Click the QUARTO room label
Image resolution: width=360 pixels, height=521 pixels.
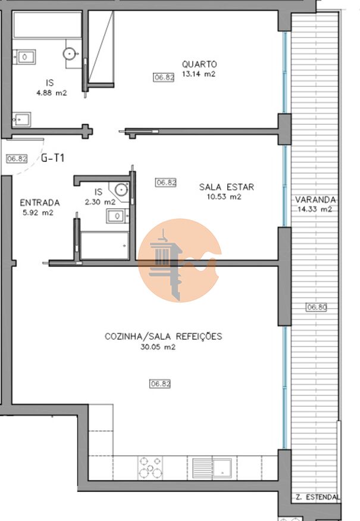[199, 64]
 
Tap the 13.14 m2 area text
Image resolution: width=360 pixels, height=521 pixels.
[199, 74]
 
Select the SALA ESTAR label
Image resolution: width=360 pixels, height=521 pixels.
[226, 187]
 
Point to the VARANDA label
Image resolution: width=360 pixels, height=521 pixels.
[315, 200]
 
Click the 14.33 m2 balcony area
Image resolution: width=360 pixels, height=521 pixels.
[314, 209]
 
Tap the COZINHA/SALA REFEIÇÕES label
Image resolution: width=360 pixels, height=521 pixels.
[163, 336]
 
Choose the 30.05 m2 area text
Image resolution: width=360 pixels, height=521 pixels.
[158, 347]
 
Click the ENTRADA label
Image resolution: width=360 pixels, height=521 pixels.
[40, 203]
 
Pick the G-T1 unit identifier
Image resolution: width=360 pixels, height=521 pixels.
[52, 158]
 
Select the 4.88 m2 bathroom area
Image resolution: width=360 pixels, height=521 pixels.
[52, 93]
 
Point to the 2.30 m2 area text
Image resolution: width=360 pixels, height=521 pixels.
[100, 202]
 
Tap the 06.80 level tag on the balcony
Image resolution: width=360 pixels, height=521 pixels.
[316, 307]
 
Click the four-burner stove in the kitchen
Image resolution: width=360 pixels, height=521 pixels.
[151, 468]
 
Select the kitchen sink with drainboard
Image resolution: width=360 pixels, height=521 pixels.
[212, 468]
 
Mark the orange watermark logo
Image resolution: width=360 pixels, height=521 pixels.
[180, 260]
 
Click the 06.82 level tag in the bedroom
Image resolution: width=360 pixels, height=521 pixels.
[164, 77]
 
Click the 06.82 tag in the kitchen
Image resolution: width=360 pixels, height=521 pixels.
[160, 384]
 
